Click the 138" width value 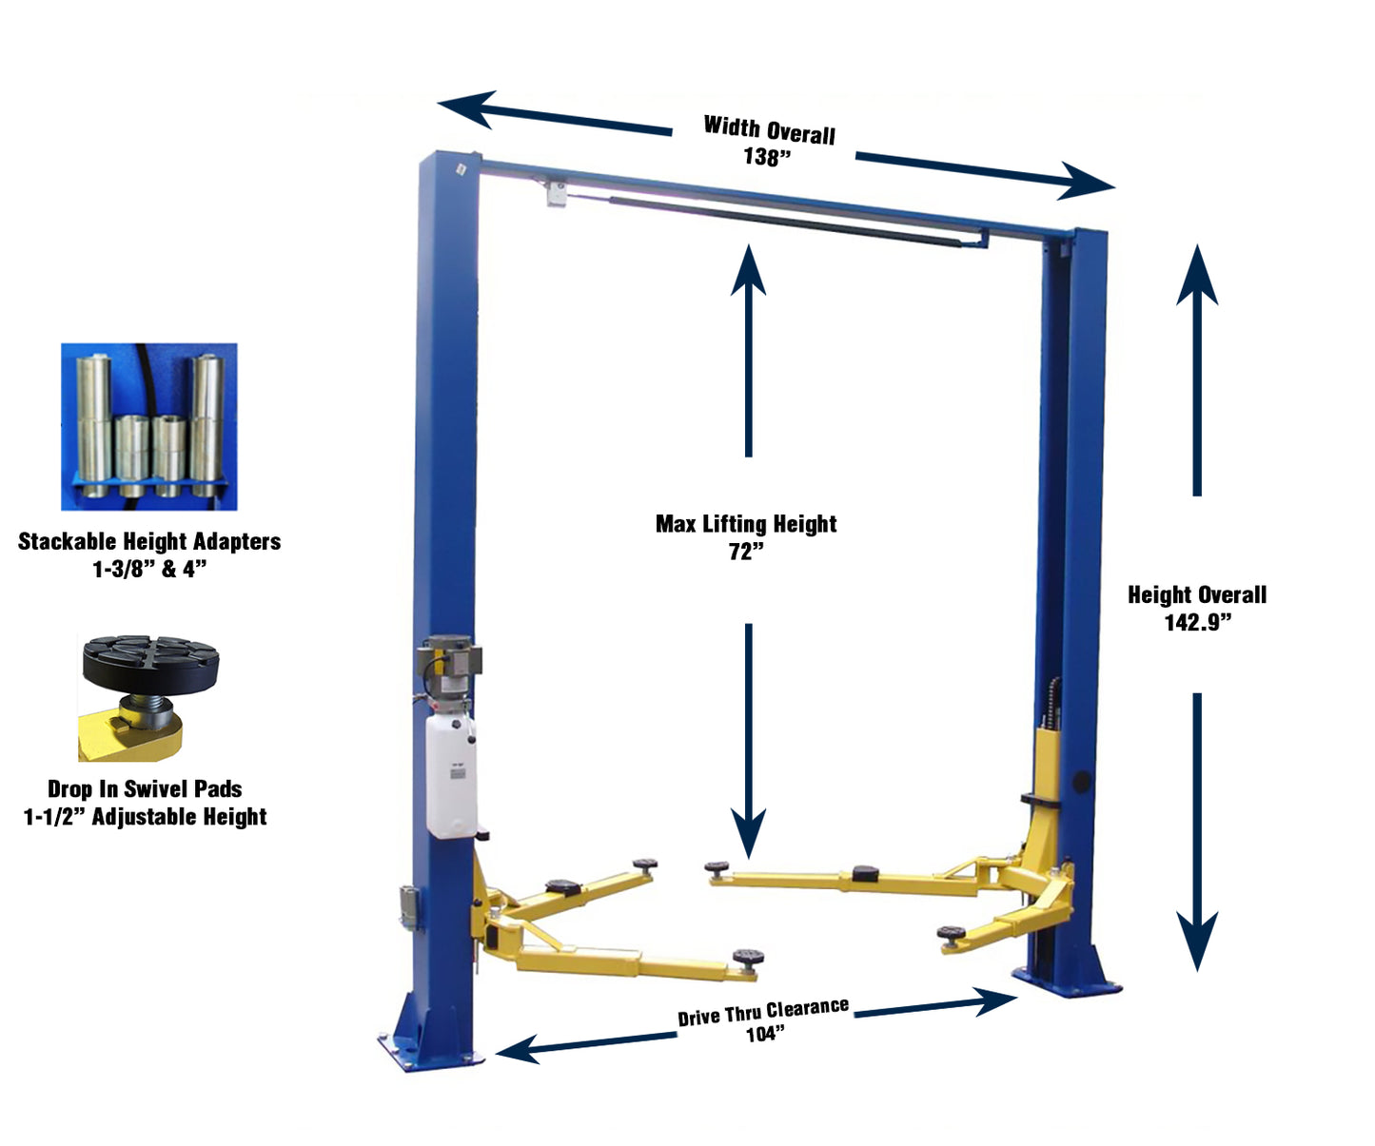click(767, 157)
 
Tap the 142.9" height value click(1197, 622)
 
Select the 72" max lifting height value click(746, 552)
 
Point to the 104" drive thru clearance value click(765, 1034)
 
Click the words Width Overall click(769, 130)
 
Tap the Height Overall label click(1197, 595)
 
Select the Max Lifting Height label click(746, 524)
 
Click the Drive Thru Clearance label click(762, 1012)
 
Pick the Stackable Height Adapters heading click(149, 541)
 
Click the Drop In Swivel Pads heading click(145, 788)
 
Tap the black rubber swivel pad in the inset click(150, 661)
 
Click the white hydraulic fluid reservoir click(451, 775)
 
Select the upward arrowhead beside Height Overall click(1197, 276)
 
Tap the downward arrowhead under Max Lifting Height click(748, 832)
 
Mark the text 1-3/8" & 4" click(149, 569)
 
